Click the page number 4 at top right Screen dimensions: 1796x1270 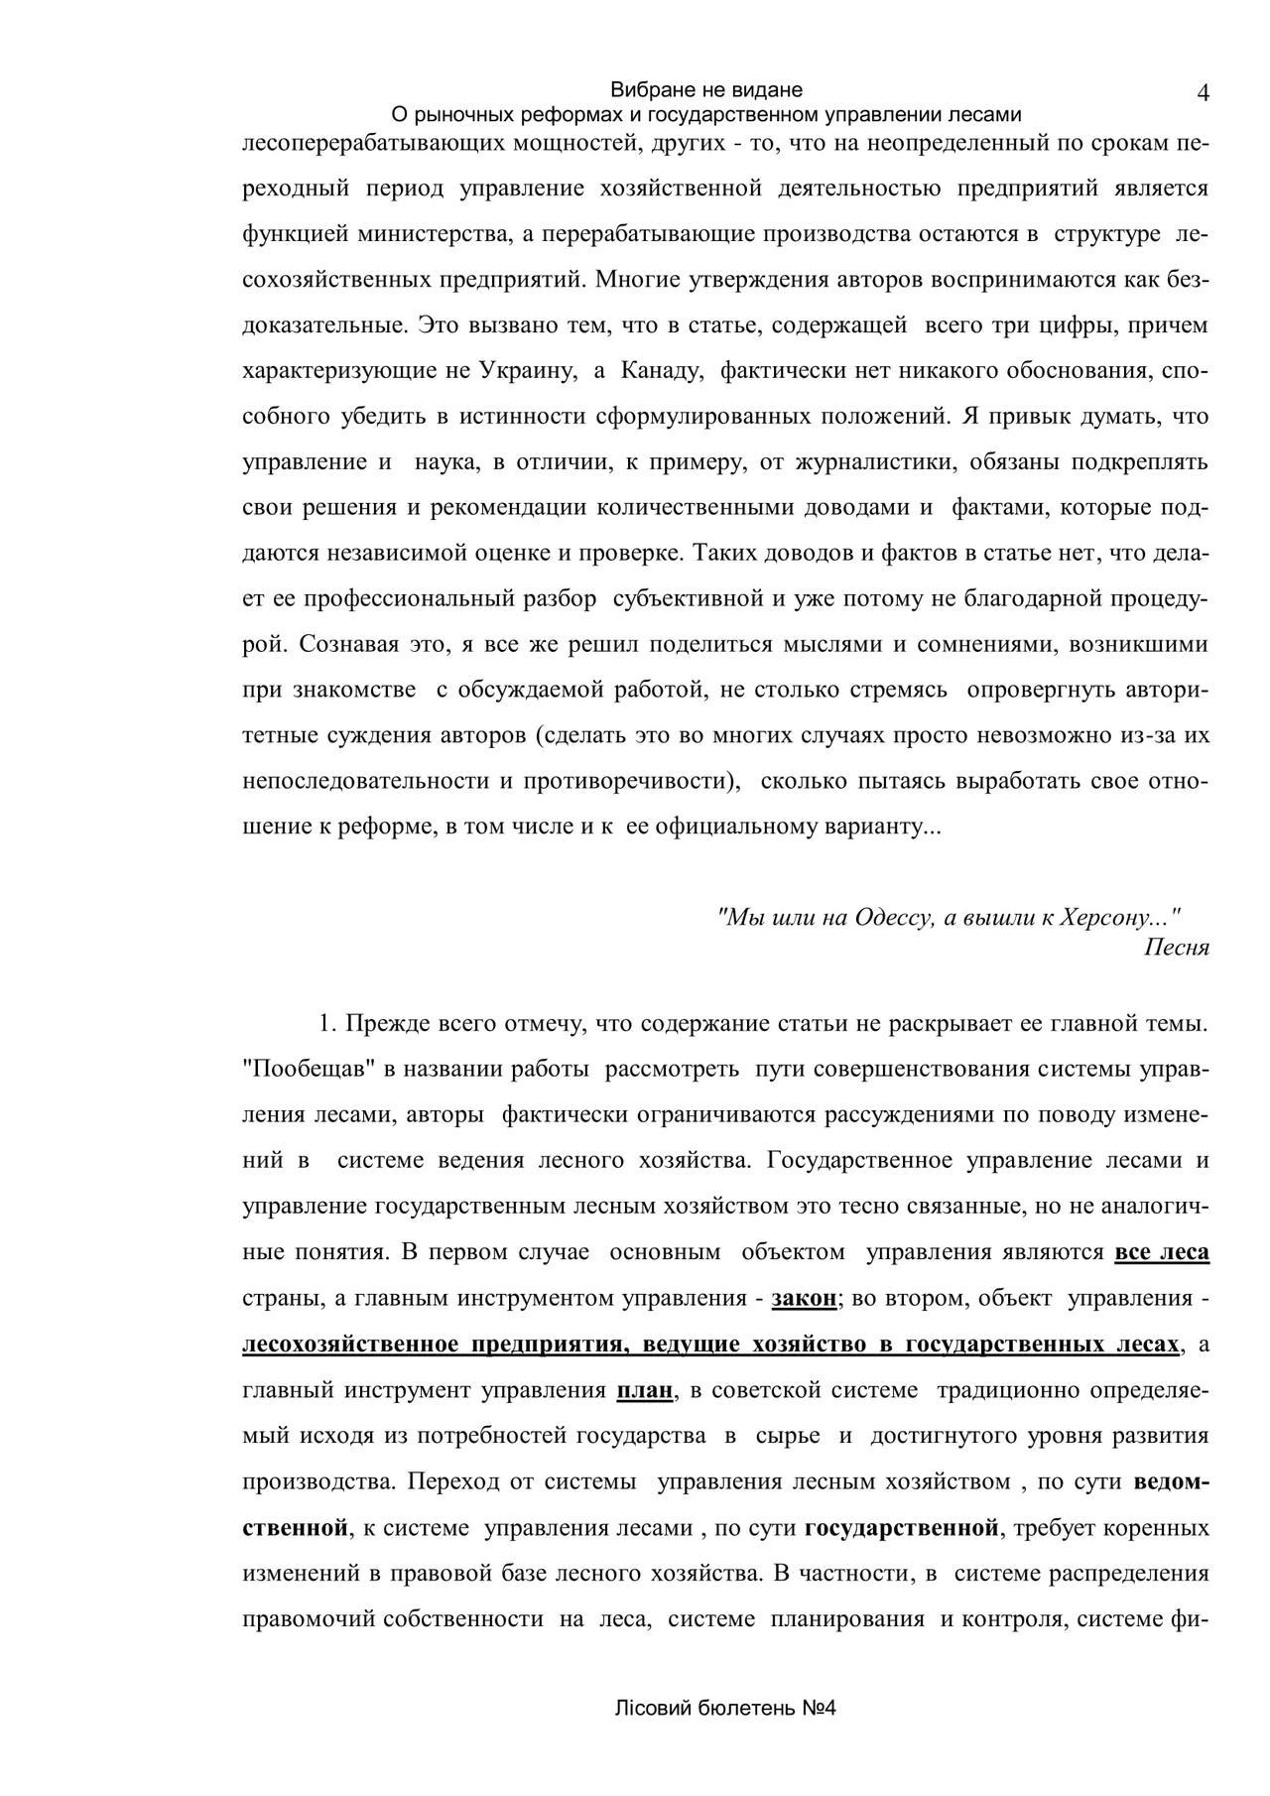tap(1203, 93)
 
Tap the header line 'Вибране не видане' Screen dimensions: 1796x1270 tap(706, 90)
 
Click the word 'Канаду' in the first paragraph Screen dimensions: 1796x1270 tap(662, 371)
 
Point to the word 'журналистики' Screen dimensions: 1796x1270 tap(873, 462)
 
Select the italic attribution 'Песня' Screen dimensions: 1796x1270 tap(1177, 947)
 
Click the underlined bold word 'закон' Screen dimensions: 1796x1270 tap(805, 1298)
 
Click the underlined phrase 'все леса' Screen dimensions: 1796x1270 tap(1162, 1252)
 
